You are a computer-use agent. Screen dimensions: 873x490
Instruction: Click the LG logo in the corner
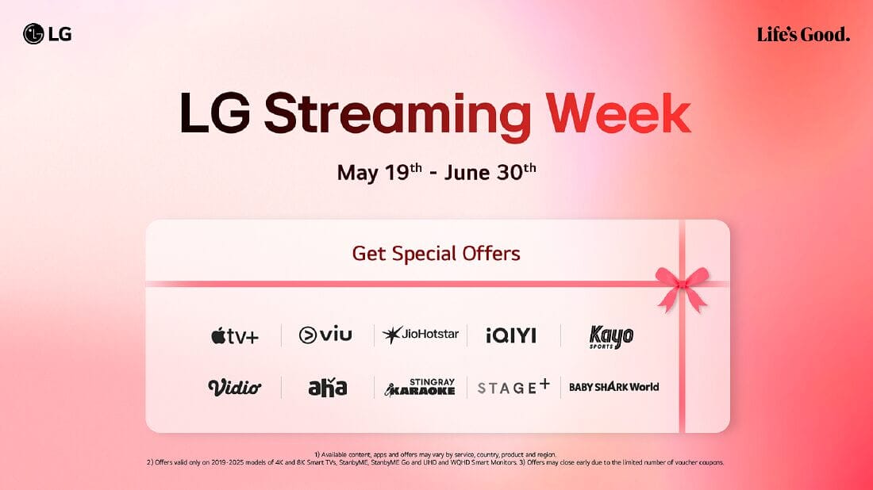[48, 34]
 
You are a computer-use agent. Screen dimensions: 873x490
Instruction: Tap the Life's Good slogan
[803, 34]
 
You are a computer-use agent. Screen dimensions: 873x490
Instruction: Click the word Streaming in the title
[397, 115]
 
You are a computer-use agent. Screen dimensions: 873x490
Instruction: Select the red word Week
[618, 113]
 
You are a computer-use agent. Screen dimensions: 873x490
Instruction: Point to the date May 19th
[379, 172]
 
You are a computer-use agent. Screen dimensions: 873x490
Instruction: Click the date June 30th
[490, 171]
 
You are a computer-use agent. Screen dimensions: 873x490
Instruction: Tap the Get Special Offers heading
[436, 254]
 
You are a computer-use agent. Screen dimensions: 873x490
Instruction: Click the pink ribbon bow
[682, 288]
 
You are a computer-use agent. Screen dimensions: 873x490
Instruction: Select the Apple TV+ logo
[235, 336]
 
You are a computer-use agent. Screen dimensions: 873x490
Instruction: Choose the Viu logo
[325, 335]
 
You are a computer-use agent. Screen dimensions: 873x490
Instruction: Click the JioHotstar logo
[421, 335]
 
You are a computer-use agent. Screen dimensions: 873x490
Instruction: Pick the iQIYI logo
[510, 335]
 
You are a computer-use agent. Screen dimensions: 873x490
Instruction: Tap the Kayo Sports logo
[611, 336]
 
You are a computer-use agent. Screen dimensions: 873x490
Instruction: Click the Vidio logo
[234, 387]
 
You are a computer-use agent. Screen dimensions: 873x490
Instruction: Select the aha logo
[327, 387]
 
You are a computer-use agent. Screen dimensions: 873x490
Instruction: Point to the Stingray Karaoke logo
[420, 387]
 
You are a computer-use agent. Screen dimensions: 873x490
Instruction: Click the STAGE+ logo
[513, 387]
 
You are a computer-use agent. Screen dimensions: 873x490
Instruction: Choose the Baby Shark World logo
[613, 387]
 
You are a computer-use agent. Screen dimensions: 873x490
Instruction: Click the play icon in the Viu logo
[307, 335]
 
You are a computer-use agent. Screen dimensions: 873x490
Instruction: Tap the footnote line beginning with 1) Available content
[436, 454]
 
